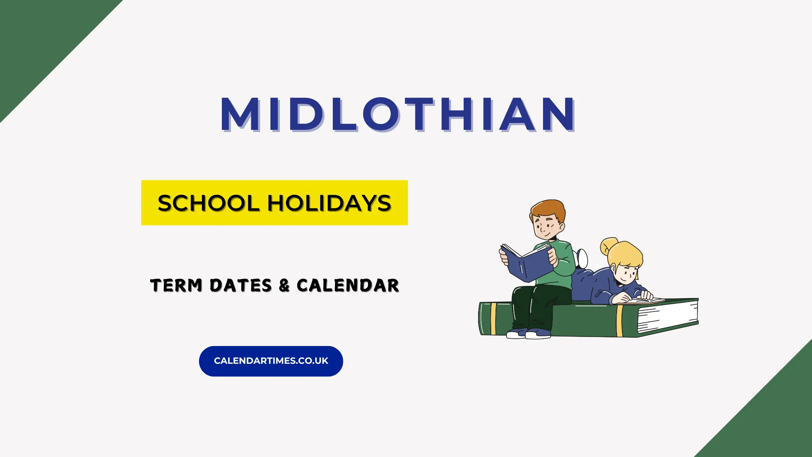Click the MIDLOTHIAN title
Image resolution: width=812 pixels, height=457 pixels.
pyautogui.click(x=398, y=114)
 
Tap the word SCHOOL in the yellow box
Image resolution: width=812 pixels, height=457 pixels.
pyautogui.click(x=208, y=203)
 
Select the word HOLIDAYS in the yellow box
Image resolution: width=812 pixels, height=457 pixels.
pyautogui.click(x=330, y=203)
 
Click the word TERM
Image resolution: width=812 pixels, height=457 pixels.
pyautogui.click(x=176, y=285)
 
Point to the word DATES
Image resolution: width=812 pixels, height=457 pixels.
pyautogui.click(x=241, y=285)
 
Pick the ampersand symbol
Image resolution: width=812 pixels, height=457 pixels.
pyautogui.click(x=284, y=285)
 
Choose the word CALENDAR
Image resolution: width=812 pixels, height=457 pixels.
pyautogui.click(x=348, y=285)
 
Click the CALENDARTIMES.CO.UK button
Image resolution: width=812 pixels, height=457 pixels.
pyautogui.click(x=271, y=361)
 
